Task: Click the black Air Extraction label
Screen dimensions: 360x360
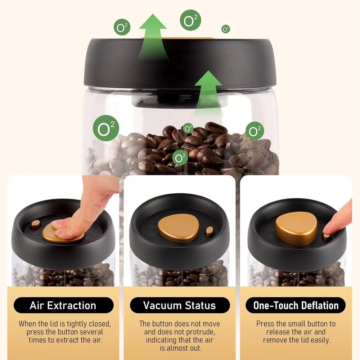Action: point(63,306)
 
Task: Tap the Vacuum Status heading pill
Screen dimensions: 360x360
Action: point(180,306)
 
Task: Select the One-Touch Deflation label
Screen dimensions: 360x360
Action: point(296,306)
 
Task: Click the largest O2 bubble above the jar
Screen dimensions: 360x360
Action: point(190,21)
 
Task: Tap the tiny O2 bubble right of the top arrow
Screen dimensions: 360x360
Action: point(226,29)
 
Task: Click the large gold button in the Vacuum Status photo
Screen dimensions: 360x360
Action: point(179,228)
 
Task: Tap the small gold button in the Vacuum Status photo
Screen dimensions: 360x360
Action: point(210,231)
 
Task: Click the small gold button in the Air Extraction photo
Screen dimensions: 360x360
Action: point(35,224)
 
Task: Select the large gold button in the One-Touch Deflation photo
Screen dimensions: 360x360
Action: point(296,228)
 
